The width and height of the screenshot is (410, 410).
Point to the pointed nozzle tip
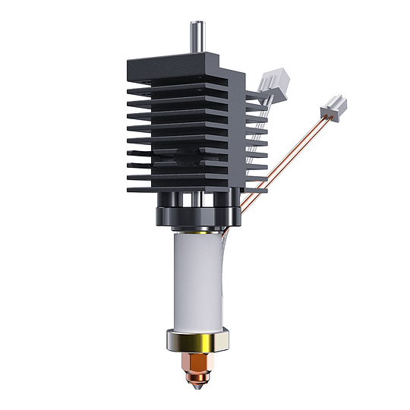click(199, 385)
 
